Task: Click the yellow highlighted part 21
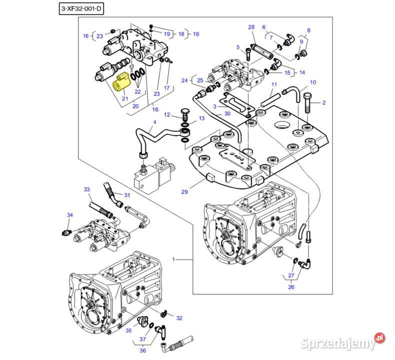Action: pos(121,83)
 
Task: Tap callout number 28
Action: pos(251,27)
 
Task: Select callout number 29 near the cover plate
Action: pos(184,191)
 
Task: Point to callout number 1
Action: pos(173,259)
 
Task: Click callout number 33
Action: pos(86,189)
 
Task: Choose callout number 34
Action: pos(70,215)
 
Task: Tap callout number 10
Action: pos(313,82)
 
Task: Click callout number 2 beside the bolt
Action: pos(323,103)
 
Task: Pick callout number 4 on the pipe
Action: pos(154,122)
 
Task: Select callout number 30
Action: pos(227,113)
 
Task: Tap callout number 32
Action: pos(179,317)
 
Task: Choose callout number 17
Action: pos(167,88)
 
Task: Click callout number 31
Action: pos(126,195)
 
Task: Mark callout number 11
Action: pos(273,85)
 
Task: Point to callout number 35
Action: pos(128,330)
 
